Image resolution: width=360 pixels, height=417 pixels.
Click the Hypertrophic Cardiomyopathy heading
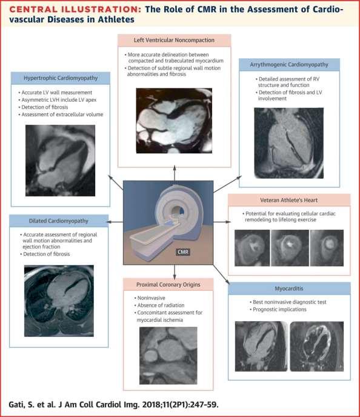(61, 78)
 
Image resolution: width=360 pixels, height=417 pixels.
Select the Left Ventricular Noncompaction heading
(174, 40)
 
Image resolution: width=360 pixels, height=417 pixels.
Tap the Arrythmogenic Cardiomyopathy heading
(289, 65)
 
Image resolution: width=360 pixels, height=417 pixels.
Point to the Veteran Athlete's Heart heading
(288, 200)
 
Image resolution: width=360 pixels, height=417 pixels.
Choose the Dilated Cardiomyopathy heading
(59, 221)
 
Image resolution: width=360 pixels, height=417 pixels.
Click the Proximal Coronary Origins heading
(168, 284)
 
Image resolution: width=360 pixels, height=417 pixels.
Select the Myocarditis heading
(289, 289)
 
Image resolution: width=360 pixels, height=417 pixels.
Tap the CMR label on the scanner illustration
(183, 252)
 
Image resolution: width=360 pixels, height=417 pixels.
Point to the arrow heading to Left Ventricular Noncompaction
(175, 173)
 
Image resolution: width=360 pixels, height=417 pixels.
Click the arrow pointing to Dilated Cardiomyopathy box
(115, 222)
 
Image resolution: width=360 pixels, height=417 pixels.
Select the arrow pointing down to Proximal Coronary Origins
(175, 272)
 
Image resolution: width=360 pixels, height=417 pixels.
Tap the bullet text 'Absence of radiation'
(161, 305)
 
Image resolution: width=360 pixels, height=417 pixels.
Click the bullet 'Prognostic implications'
(279, 310)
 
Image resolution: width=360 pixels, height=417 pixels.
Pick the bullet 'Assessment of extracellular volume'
(62, 115)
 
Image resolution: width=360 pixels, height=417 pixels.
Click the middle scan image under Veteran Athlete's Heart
(290, 248)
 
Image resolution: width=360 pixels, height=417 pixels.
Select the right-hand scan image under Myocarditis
(316, 347)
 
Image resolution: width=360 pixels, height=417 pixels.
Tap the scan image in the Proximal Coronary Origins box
(168, 356)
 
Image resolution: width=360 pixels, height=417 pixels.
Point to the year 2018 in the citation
(152, 405)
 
